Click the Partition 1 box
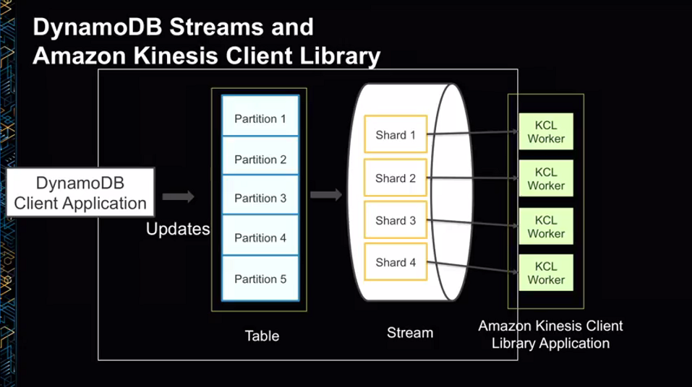260,118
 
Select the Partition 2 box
260,159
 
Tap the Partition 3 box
260,198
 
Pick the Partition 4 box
260,238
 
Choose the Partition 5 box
260,279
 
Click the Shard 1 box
396,135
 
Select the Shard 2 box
396,178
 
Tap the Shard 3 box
396,220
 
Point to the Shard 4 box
396,262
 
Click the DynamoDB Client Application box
80,193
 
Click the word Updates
178,230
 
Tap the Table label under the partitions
262,336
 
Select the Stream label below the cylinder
410,333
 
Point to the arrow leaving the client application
178,196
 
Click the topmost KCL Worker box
546,132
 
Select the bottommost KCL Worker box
546,273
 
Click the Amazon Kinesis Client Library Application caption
550,334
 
